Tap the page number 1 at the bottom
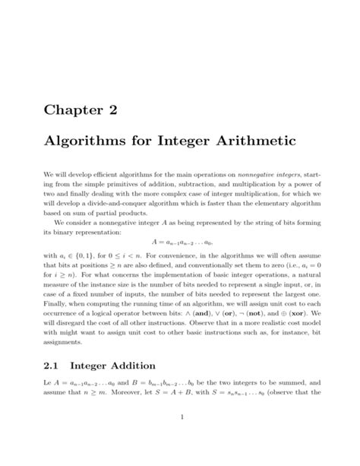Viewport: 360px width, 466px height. (x=180, y=417)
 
